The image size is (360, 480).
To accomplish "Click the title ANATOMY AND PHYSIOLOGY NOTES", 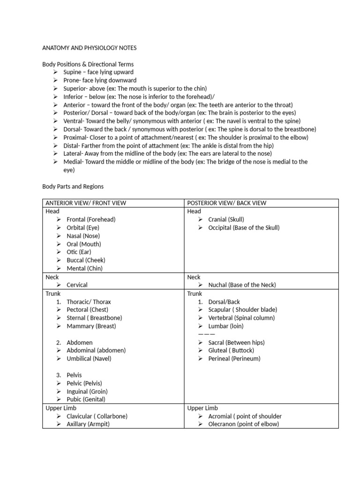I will [90, 48].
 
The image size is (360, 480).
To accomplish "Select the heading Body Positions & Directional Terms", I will [88, 64].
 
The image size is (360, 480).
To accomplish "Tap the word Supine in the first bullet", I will [72, 72].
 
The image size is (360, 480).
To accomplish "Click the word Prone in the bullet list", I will [71, 80].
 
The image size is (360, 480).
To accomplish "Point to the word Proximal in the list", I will [75, 137].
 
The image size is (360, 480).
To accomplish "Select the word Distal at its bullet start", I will [71, 145].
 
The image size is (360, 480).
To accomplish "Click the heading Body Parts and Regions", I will [73, 186].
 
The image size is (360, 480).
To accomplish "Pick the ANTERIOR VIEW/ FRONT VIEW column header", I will [86, 203].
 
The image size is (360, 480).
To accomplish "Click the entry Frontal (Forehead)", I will [91, 219].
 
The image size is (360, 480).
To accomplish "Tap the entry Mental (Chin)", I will [84, 269].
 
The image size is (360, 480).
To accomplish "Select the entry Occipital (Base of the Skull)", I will [244, 228].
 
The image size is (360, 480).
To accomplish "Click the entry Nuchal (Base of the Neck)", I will [242, 285].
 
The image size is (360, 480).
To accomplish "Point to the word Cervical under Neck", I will [77, 285].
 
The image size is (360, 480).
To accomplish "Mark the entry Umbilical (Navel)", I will [89, 359].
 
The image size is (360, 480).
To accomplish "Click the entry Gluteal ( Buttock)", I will [231, 350].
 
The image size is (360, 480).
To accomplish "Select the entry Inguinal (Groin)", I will [87, 391].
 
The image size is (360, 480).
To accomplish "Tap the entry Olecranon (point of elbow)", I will [243, 424].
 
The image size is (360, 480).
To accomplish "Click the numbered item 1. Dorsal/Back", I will [224, 302].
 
